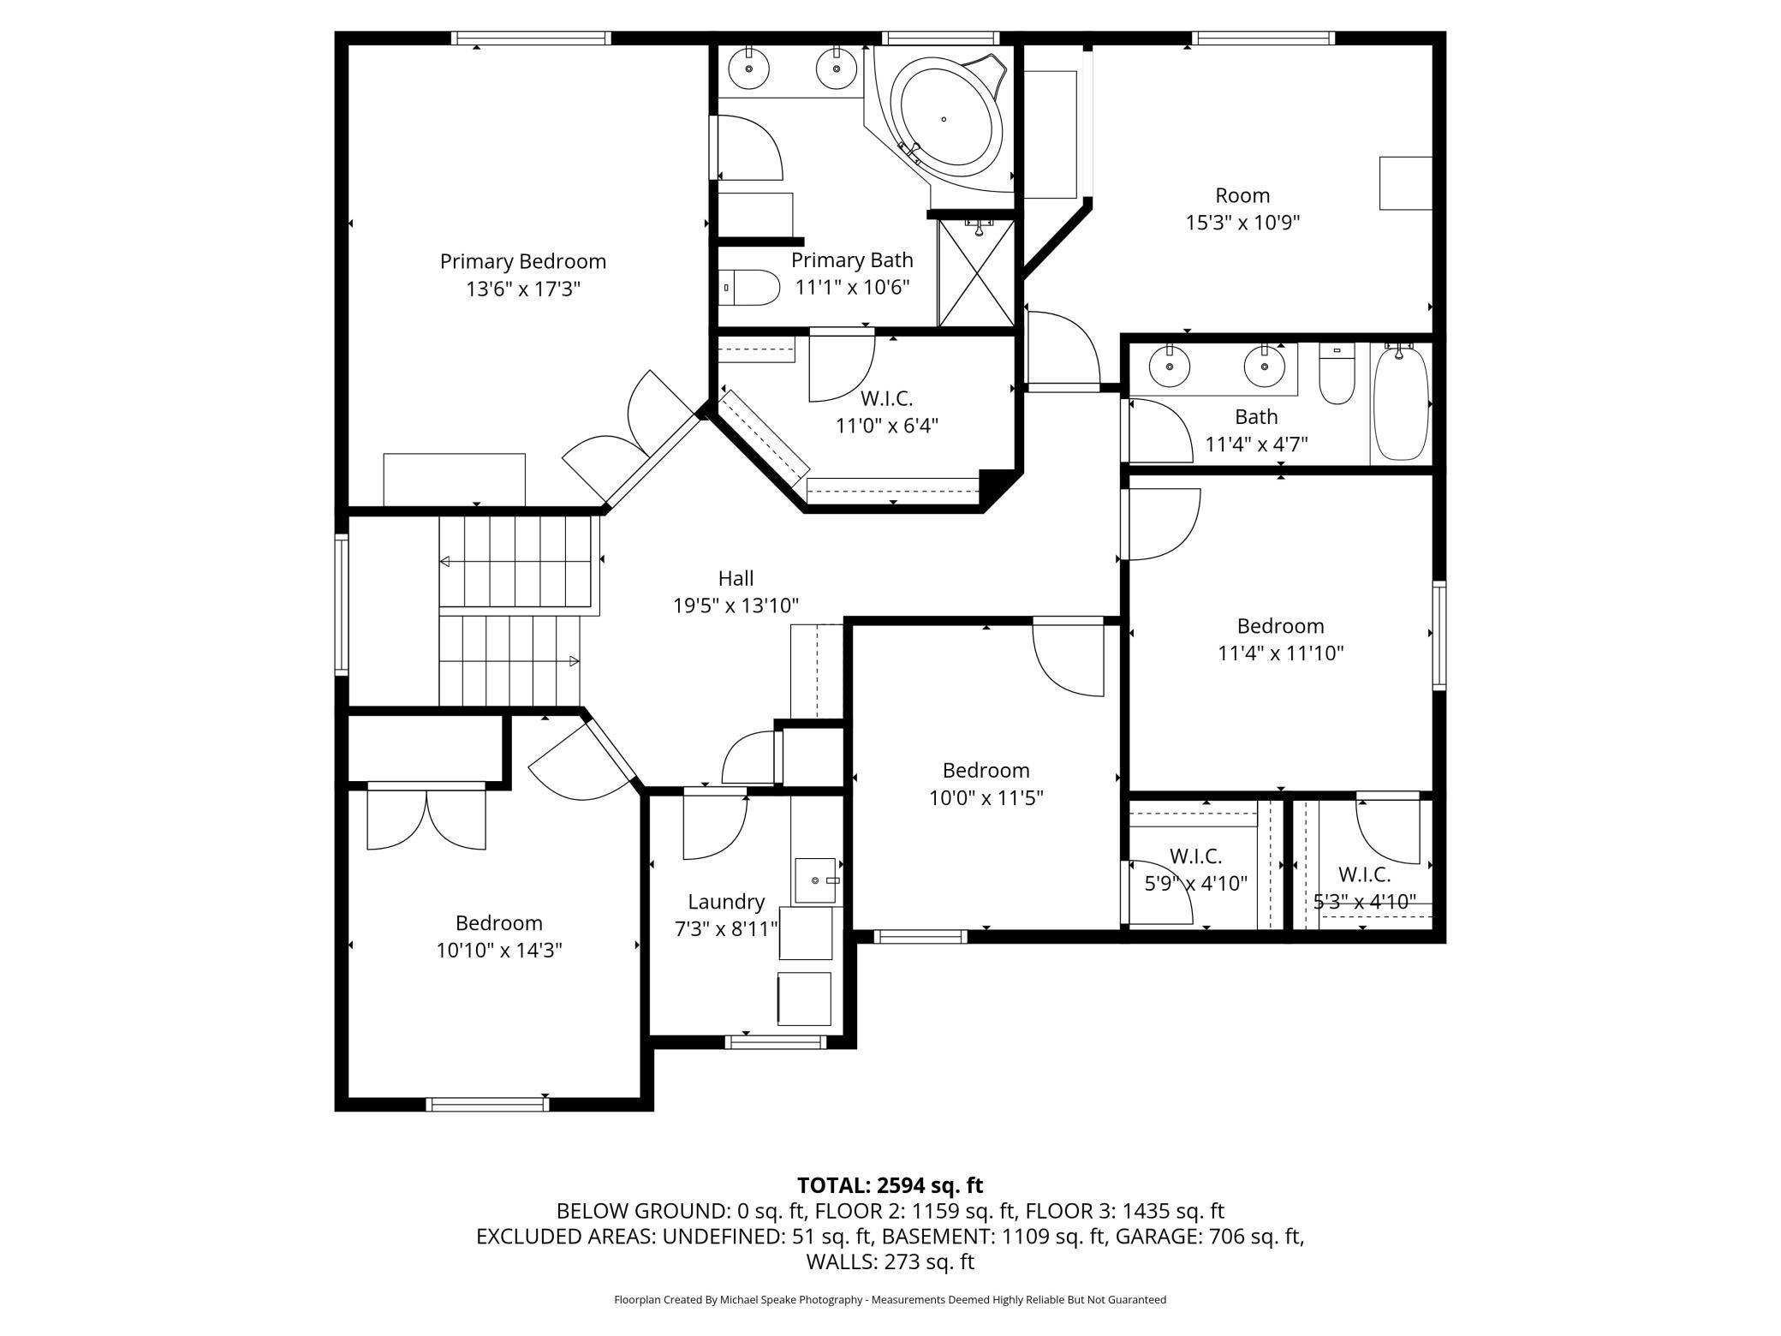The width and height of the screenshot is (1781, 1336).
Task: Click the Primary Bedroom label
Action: (522, 261)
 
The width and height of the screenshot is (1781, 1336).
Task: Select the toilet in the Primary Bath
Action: (748, 288)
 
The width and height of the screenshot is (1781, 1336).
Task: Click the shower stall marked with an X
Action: (976, 273)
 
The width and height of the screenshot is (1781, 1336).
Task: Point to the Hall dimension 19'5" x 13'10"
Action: (736, 605)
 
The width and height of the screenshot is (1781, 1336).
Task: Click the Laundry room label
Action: (726, 902)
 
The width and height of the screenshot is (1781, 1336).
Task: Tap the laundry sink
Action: (814, 880)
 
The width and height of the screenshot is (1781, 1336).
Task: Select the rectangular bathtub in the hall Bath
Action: (1402, 403)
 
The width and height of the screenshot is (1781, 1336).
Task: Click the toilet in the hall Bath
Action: (1336, 374)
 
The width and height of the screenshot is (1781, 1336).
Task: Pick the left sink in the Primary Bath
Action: (749, 69)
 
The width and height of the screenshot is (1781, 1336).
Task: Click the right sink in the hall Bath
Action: (1264, 367)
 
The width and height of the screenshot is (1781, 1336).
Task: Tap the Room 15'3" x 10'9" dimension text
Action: (1242, 223)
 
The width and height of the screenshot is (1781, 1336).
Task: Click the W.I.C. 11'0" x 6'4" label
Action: (887, 412)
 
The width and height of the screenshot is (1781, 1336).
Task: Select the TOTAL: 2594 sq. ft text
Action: (890, 1185)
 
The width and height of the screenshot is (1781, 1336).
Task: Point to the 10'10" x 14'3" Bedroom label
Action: (499, 937)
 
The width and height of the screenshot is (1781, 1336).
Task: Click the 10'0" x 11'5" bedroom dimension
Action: (986, 798)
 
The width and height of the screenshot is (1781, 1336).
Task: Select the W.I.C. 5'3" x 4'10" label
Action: (1365, 888)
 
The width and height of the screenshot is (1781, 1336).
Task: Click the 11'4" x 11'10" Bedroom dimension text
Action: (1281, 653)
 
